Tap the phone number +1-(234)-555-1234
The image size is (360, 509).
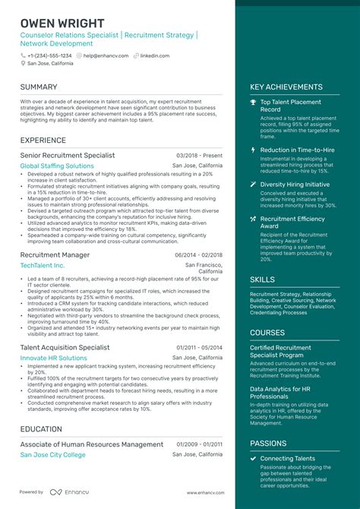point(49,55)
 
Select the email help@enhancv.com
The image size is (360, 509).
point(105,55)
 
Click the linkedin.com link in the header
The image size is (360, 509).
point(154,55)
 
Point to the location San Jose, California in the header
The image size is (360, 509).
point(50,64)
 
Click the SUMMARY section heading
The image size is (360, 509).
point(39,87)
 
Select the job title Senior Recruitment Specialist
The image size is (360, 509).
point(68,155)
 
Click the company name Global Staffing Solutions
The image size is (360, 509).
point(57,166)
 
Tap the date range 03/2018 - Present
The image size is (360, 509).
point(199,155)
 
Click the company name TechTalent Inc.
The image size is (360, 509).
point(43,266)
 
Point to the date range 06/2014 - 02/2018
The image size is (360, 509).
point(198,255)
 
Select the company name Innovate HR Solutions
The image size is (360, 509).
point(53,358)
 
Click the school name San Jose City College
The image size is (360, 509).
point(52,454)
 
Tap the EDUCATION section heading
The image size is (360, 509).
point(42,429)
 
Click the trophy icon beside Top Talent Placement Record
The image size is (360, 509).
point(253,102)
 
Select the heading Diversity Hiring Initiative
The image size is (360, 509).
point(295,184)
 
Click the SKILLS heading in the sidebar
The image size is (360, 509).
point(263,280)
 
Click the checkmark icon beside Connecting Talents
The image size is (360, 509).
point(253,459)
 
